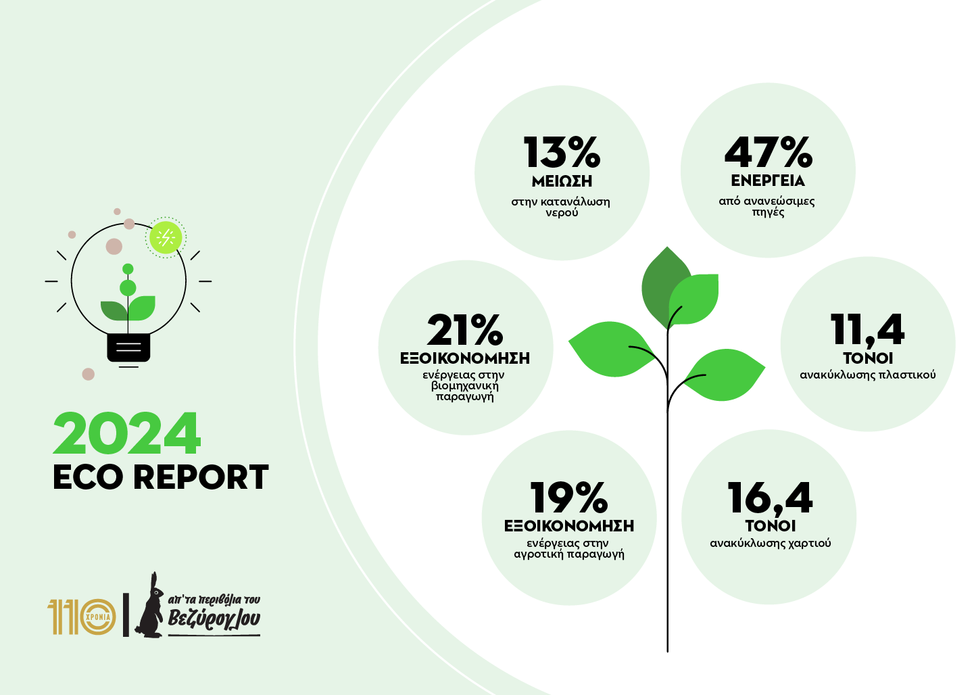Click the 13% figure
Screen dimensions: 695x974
click(562, 153)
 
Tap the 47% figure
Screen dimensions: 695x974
click(768, 153)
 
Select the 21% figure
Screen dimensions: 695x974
click(465, 330)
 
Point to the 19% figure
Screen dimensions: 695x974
click(569, 498)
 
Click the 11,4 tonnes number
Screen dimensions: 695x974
click(867, 330)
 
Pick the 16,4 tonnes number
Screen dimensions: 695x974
click(770, 498)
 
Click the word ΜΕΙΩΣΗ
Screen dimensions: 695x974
click(562, 181)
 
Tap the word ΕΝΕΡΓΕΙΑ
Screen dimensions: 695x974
click(768, 181)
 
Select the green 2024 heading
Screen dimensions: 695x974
click(127, 434)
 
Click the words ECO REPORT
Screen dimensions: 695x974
click(161, 477)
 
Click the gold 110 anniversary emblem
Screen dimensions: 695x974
click(82, 616)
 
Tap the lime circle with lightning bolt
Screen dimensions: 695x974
click(165, 237)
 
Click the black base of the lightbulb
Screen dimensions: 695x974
click(128, 347)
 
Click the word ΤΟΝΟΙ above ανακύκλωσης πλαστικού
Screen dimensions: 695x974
click(868, 358)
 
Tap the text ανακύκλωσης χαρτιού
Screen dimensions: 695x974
click(770, 543)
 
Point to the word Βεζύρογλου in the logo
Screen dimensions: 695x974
click(214, 619)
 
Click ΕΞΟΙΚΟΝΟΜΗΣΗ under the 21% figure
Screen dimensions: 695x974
click(465, 358)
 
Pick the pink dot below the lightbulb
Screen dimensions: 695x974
click(89, 374)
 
